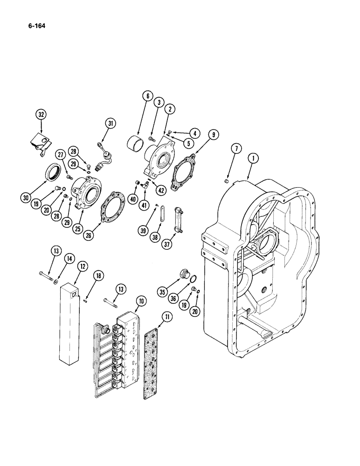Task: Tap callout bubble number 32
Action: point(41,114)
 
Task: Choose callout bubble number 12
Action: point(82,267)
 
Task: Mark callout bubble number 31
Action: point(111,123)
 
